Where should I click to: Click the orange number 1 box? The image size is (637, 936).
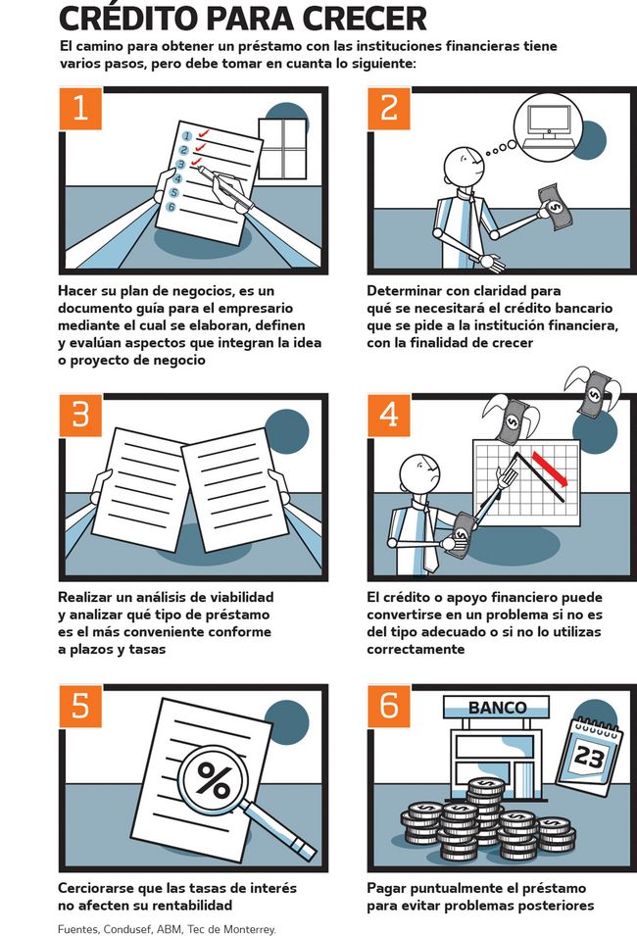point(80,108)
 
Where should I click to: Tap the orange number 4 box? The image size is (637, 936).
point(389,415)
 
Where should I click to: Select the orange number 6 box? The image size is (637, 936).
point(389,706)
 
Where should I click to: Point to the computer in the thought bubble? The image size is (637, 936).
point(549,127)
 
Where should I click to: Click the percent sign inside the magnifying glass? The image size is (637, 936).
point(213,779)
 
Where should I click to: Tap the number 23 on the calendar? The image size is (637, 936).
point(589,757)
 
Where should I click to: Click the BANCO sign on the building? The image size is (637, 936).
point(497,708)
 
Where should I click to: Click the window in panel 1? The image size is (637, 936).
point(283,148)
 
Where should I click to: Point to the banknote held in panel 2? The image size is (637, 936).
point(556,207)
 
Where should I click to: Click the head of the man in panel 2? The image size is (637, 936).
point(463,166)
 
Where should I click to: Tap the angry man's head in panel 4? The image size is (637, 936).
point(419,474)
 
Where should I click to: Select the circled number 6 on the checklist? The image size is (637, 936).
point(171,207)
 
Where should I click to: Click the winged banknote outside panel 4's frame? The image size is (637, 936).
point(593,391)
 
